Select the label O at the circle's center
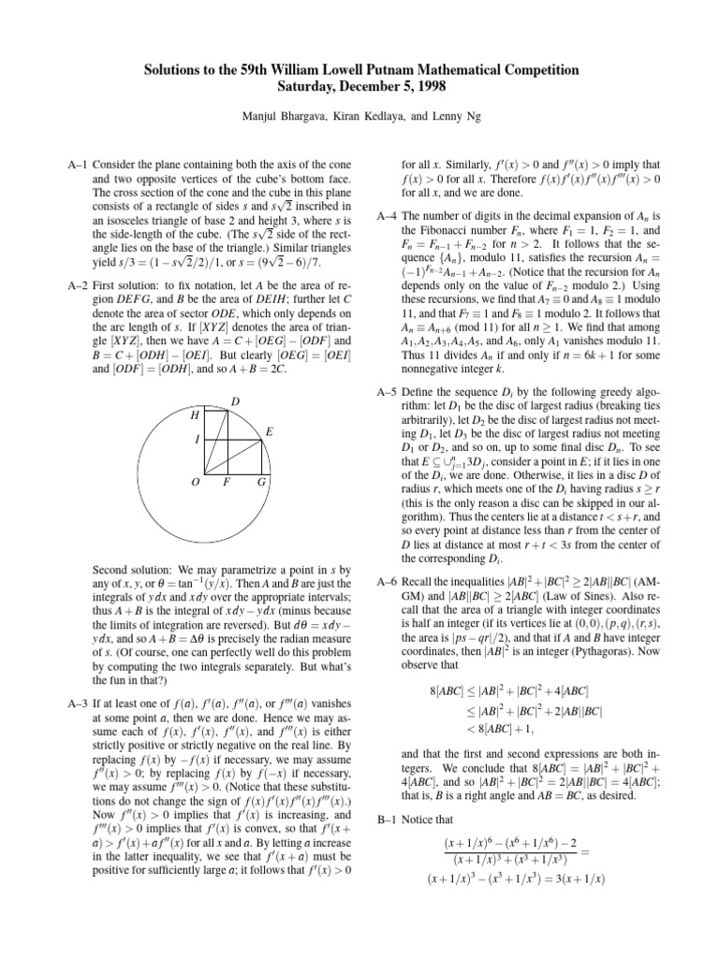194,483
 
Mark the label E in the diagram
270,432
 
